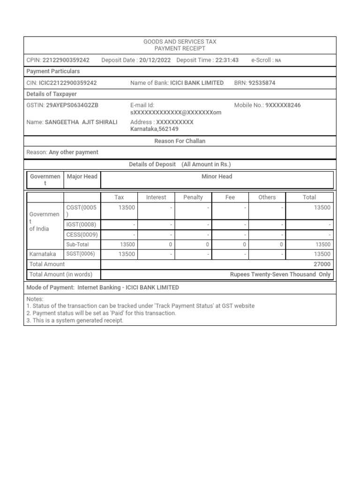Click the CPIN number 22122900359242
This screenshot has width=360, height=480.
point(66,60)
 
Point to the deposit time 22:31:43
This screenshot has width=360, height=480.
point(227,60)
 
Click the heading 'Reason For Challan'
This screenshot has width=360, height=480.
point(180,141)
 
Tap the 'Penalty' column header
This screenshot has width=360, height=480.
point(193,197)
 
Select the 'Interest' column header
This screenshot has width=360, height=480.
point(156,197)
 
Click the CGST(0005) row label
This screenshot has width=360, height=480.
point(82,210)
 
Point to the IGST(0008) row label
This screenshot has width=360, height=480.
point(82,225)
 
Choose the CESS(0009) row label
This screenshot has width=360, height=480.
point(82,234)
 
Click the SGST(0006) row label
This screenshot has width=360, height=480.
point(82,254)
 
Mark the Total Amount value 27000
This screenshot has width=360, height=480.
point(322,264)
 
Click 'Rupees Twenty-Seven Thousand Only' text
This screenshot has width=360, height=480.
point(280,275)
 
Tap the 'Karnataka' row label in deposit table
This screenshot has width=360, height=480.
point(43,254)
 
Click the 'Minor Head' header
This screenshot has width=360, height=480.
point(217,177)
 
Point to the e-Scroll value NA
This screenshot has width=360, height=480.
point(278,60)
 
